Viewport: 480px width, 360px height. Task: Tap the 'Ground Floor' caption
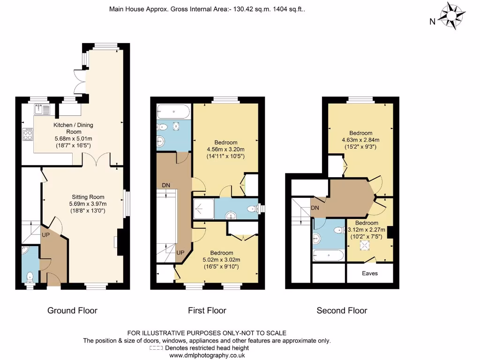coord(72,310)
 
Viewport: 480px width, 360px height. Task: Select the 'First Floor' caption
coord(207,310)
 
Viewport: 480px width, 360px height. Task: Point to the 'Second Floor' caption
coord(342,310)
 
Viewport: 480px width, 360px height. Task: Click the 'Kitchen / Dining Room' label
coord(73,128)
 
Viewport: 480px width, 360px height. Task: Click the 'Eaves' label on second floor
coord(369,273)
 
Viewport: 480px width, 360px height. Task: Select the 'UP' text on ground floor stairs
coord(46,234)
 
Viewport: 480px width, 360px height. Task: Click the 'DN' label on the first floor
coord(166,185)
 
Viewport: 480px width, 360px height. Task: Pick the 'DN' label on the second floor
coord(315,208)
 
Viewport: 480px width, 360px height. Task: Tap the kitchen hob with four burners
coord(27,135)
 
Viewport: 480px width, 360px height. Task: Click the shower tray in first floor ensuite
coord(203,209)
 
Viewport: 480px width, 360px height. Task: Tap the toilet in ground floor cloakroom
coord(30,277)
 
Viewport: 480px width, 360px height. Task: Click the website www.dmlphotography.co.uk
coord(207,355)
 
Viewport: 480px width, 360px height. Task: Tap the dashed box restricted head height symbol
coord(156,348)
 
